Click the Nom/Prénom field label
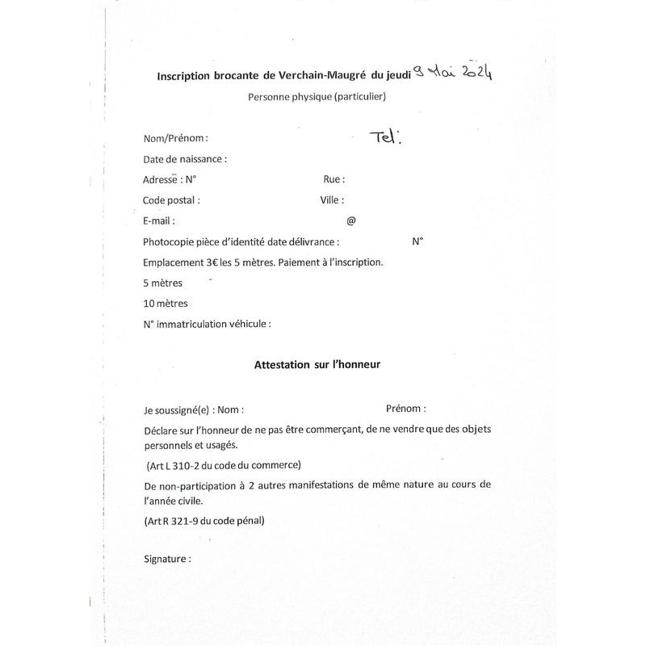[175, 138]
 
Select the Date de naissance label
[185, 159]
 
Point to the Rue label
[333, 179]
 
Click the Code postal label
[171, 200]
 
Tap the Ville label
[331, 200]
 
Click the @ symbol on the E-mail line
[350, 220]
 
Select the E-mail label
[159, 220]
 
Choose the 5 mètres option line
[163, 283]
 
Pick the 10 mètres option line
[166, 304]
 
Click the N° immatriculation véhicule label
[207, 325]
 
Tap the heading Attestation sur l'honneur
[317, 364]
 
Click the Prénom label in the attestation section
[405, 409]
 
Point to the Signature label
[167, 559]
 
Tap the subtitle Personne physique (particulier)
[317, 98]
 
